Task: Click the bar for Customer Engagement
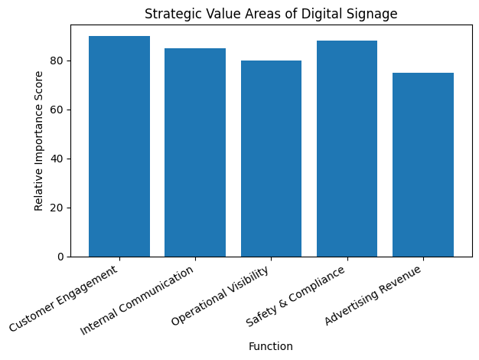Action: pos(119,146)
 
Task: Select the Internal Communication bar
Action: pos(195,152)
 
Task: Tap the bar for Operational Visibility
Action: pos(271,159)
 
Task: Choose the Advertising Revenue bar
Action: pos(422,165)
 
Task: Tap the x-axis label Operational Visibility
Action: pos(221,298)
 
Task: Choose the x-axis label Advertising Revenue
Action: pos(374,297)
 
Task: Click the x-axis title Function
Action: pos(271,346)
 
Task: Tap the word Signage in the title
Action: pos(375,14)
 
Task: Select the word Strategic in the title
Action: pos(168,14)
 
